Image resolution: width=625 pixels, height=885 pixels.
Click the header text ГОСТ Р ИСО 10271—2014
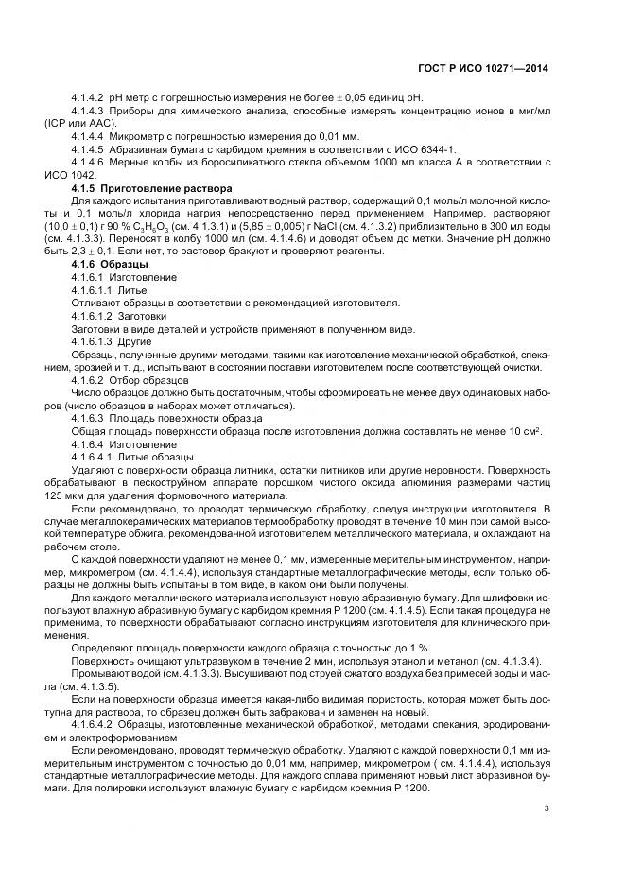coord(492,69)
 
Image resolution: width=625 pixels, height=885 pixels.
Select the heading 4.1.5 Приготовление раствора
coord(152,189)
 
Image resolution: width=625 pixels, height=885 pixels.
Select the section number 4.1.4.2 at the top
coord(89,99)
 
